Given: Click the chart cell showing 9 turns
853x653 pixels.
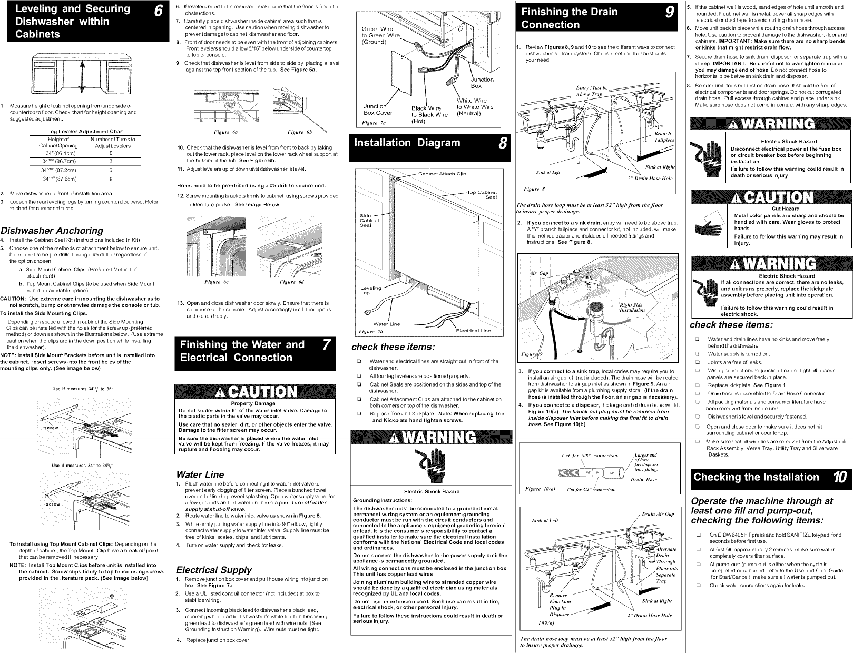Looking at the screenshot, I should tap(111, 179).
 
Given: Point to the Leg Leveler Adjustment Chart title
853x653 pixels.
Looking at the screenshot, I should tap(84, 132).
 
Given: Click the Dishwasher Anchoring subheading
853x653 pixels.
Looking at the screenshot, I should tap(52, 231).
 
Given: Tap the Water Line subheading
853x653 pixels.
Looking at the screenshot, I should tap(200, 474).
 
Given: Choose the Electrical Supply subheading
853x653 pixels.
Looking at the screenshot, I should tap(213, 570).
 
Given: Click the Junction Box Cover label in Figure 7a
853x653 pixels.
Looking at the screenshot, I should tap(378, 110).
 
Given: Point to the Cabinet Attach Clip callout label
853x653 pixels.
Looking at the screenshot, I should tap(442, 174).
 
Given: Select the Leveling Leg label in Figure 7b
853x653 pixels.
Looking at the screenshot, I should tap(370, 290).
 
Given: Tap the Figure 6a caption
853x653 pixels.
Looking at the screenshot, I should tap(218, 132).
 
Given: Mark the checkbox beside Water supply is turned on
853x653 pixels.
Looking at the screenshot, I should tap(697, 354).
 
